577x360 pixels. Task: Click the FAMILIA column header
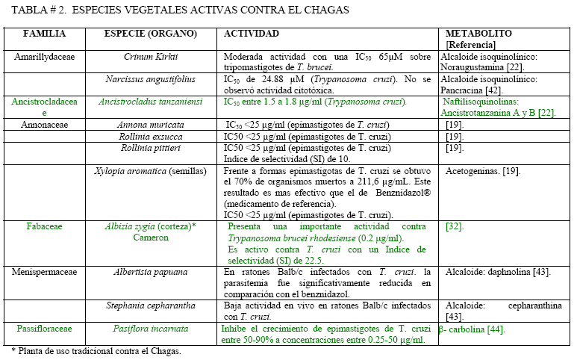click(44, 34)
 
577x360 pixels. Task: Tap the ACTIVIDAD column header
click(252, 34)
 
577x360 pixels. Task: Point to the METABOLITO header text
click(478, 34)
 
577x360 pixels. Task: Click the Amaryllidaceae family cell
click(44, 57)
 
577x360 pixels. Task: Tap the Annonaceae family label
click(44, 124)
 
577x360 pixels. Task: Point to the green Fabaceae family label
click(44, 226)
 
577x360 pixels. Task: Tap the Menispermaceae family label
click(44, 272)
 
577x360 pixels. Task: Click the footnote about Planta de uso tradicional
click(96, 350)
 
